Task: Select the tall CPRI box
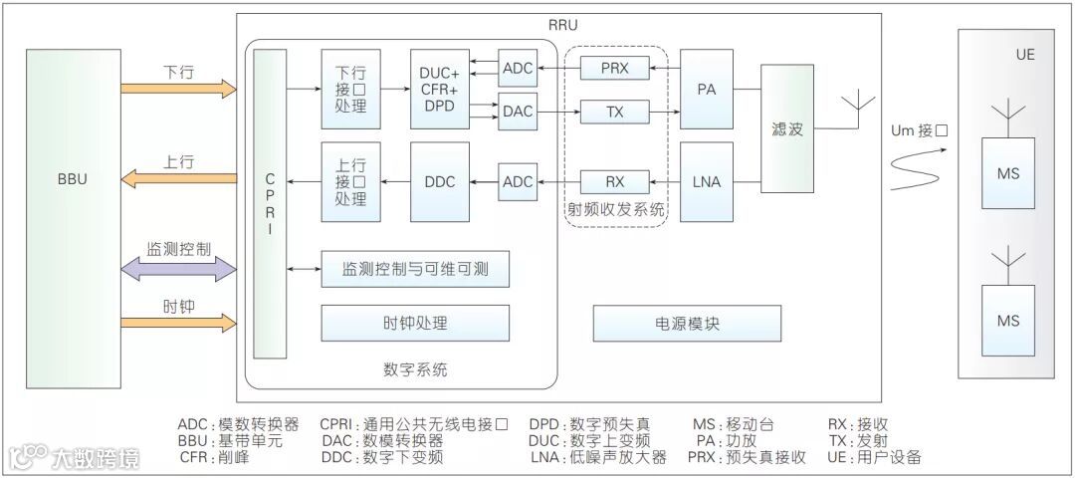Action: click(x=269, y=203)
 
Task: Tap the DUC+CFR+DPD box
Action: click(x=439, y=89)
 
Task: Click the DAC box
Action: click(x=518, y=111)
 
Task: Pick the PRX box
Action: click(x=614, y=68)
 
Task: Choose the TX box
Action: click(x=614, y=111)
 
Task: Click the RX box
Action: click(x=614, y=182)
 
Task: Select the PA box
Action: click(x=707, y=89)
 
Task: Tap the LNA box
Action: click(x=707, y=182)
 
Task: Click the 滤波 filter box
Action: click(x=787, y=128)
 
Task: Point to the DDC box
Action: click(x=439, y=182)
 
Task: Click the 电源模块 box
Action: click(x=687, y=323)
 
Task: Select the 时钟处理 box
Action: click(x=415, y=323)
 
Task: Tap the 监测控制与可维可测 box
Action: click(x=415, y=268)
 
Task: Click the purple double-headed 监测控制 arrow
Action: click(x=179, y=268)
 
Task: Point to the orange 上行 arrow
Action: click(x=179, y=178)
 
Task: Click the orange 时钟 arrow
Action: click(x=179, y=322)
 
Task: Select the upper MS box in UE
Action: click(x=1007, y=173)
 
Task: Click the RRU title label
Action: click(x=562, y=25)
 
